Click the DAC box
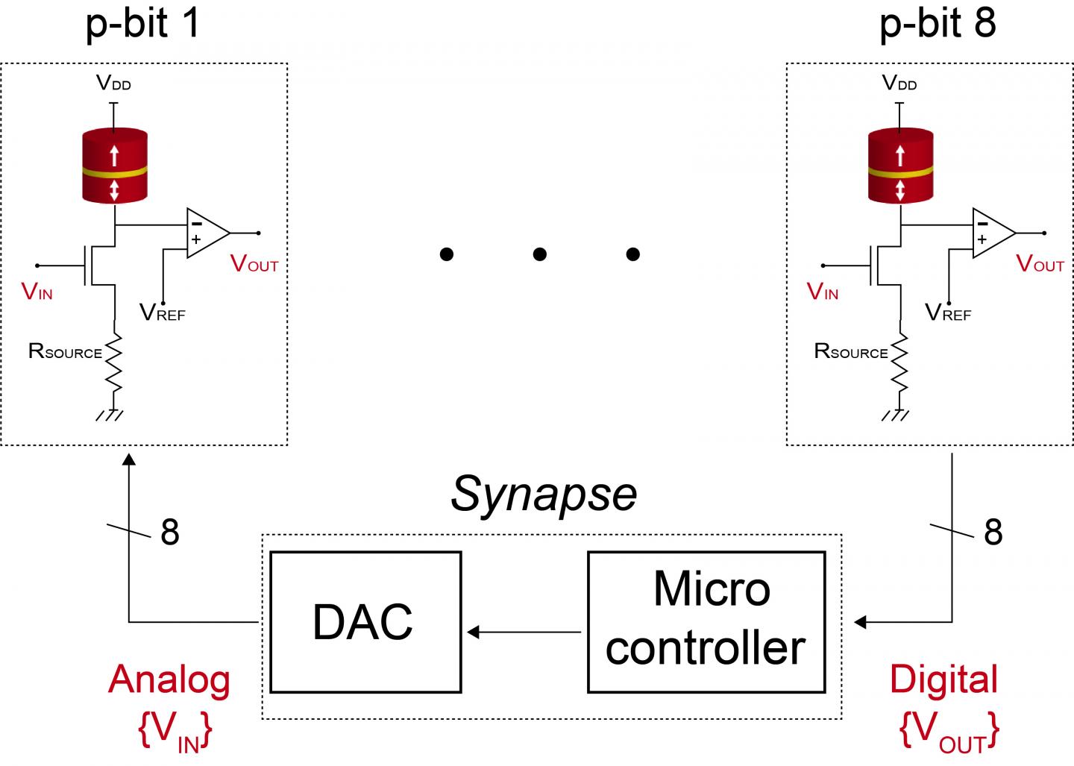[365, 622]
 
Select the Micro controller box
[706, 622]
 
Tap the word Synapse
[544, 494]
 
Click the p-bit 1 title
[143, 22]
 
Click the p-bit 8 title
[938, 22]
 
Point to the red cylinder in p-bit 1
[114, 166]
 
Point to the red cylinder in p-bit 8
[900, 166]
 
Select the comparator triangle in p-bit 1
[205, 233]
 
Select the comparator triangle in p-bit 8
[991, 233]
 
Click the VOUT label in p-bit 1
[254, 264]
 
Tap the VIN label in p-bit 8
[823, 292]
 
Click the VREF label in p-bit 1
[162, 313]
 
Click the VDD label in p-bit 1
[113, 83]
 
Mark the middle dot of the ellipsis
[540, 254]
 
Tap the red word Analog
[169, 679]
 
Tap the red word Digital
[943, 679]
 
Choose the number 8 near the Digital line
[993, 532]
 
